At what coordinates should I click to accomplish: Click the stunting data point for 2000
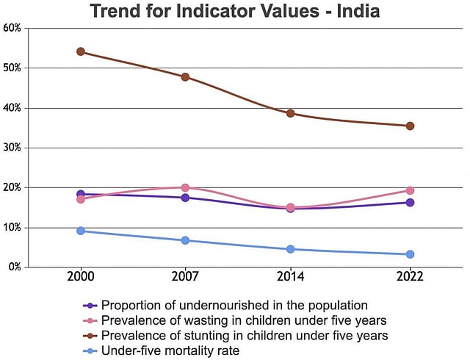tap(81, 51)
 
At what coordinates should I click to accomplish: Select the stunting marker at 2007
tap(185, 77)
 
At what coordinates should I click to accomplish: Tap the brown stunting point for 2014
tap(290, 113)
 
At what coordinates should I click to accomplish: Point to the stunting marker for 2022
tap(410, 126)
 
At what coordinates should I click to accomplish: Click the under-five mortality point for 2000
tap(81, 231)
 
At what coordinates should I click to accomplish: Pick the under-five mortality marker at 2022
tap(410, 254)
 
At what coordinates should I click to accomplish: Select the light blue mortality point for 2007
tap(185, 240)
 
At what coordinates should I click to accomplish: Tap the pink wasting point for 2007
tap(185, 188)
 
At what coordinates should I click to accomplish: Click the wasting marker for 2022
tap(410, 190)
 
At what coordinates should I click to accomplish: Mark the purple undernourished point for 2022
tap(410, 202)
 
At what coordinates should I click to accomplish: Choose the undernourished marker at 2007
tap(185, 198)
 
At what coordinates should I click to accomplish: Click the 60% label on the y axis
tap(13, 28)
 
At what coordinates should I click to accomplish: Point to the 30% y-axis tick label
tap(13, 148)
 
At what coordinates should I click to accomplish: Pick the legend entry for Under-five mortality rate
tap(170, 351)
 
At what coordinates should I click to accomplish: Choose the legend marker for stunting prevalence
tap(90, 336)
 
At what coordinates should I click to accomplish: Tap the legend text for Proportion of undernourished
tap(234, 305)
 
